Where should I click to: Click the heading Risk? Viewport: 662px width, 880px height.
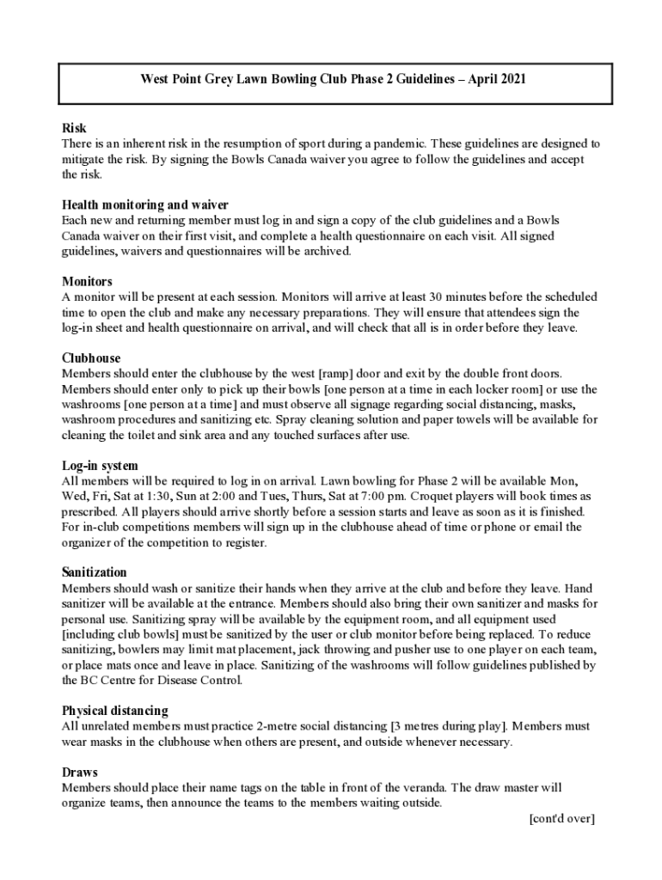[x=75, y=129]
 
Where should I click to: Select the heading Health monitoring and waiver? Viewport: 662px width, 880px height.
[x=144, y=205]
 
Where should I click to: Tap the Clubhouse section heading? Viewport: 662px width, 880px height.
[x=91, y=358]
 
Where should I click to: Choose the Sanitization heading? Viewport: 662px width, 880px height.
[x=95, y=572]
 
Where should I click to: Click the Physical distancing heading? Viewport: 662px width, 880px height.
[x=115, y=711]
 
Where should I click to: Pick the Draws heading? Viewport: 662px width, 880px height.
[x=80, y=773]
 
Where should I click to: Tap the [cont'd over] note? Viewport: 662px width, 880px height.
[x=561, y=818]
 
